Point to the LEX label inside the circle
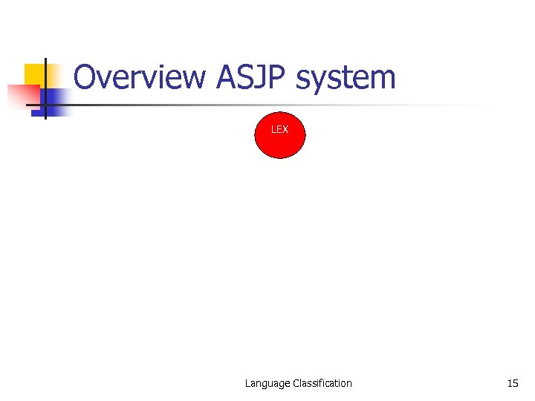[279, 129]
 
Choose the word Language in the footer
[267, 383]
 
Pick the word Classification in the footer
[322, 383]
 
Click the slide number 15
[512, 383]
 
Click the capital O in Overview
[85, 78]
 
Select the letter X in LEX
[285, 129]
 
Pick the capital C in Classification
[296, 383]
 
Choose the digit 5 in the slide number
[515, 383]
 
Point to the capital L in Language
[248, 383]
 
